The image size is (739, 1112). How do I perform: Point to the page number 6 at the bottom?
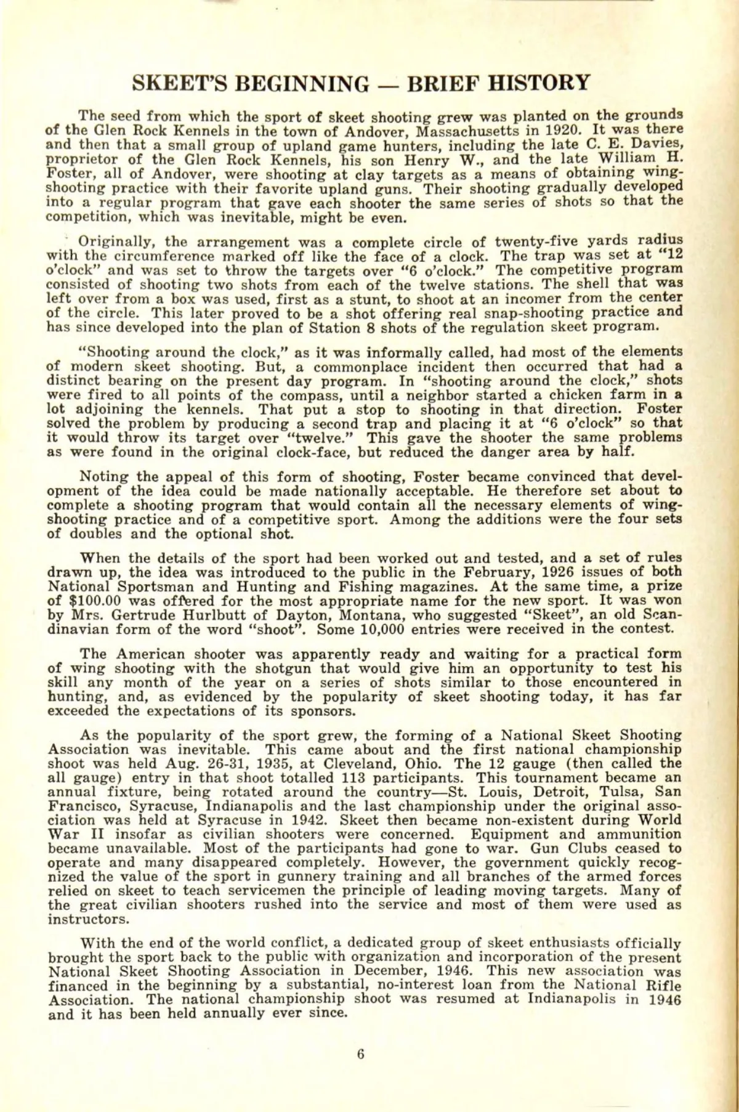click(x=361, y=1053)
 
